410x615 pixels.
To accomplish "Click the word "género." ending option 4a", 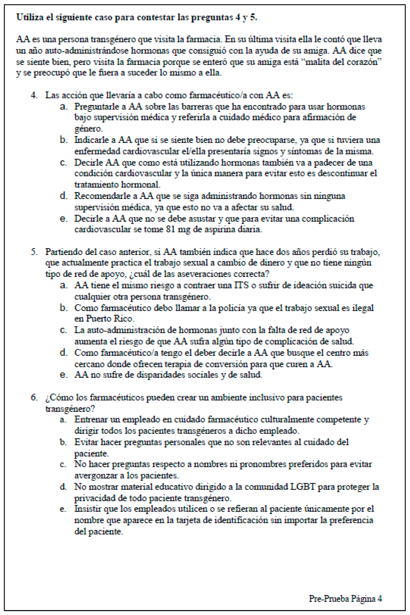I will point(88,129).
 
